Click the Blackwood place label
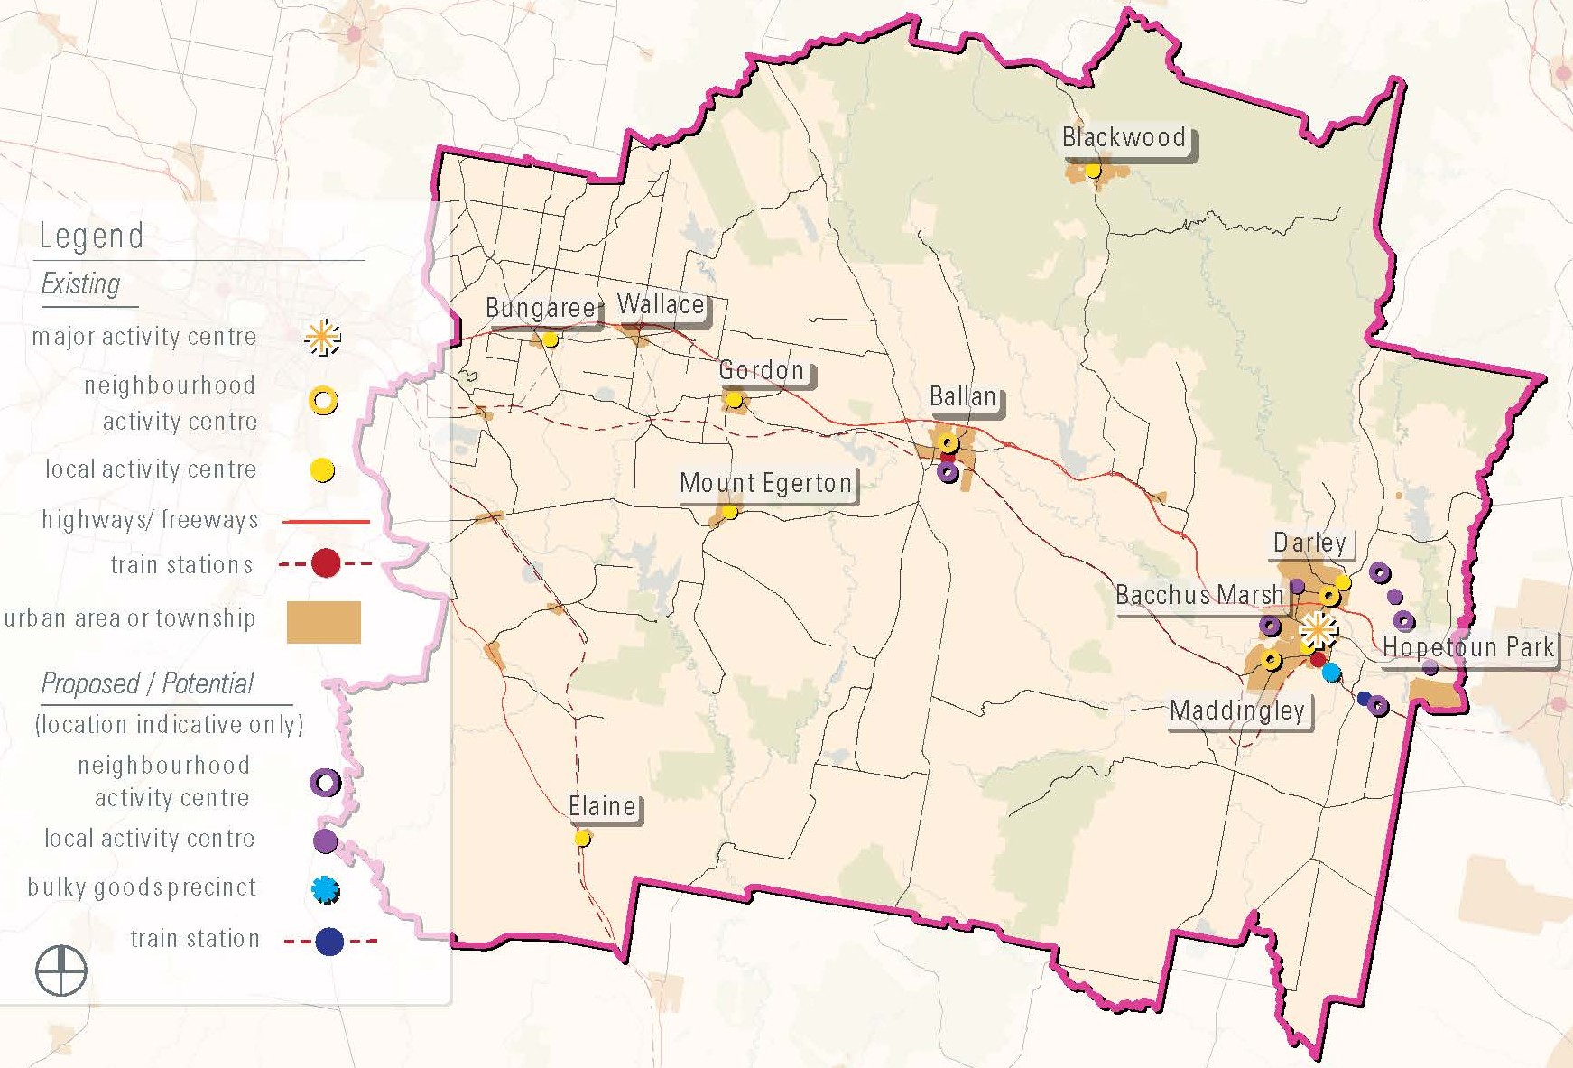(1124, 138)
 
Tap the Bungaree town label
(540, 309)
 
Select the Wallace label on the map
(661, 305)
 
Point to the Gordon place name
(762, 370)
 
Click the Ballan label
(963, 397)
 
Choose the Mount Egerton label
(765, 484)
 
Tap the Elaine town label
(602, 806)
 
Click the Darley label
(1309, 543)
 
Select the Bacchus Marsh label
(1199, 596)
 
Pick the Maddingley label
(1237, 711)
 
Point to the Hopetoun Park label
(1468, 647)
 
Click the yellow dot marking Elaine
(582, 839)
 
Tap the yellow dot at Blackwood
(1093, 170)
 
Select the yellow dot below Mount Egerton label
(729, 512)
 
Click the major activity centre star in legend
(322, 338)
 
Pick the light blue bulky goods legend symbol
(325, 889)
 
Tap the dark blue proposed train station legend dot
(329, 942)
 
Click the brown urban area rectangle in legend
(323, 622)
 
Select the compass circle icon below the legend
(61, 971)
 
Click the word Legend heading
(91, 237)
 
